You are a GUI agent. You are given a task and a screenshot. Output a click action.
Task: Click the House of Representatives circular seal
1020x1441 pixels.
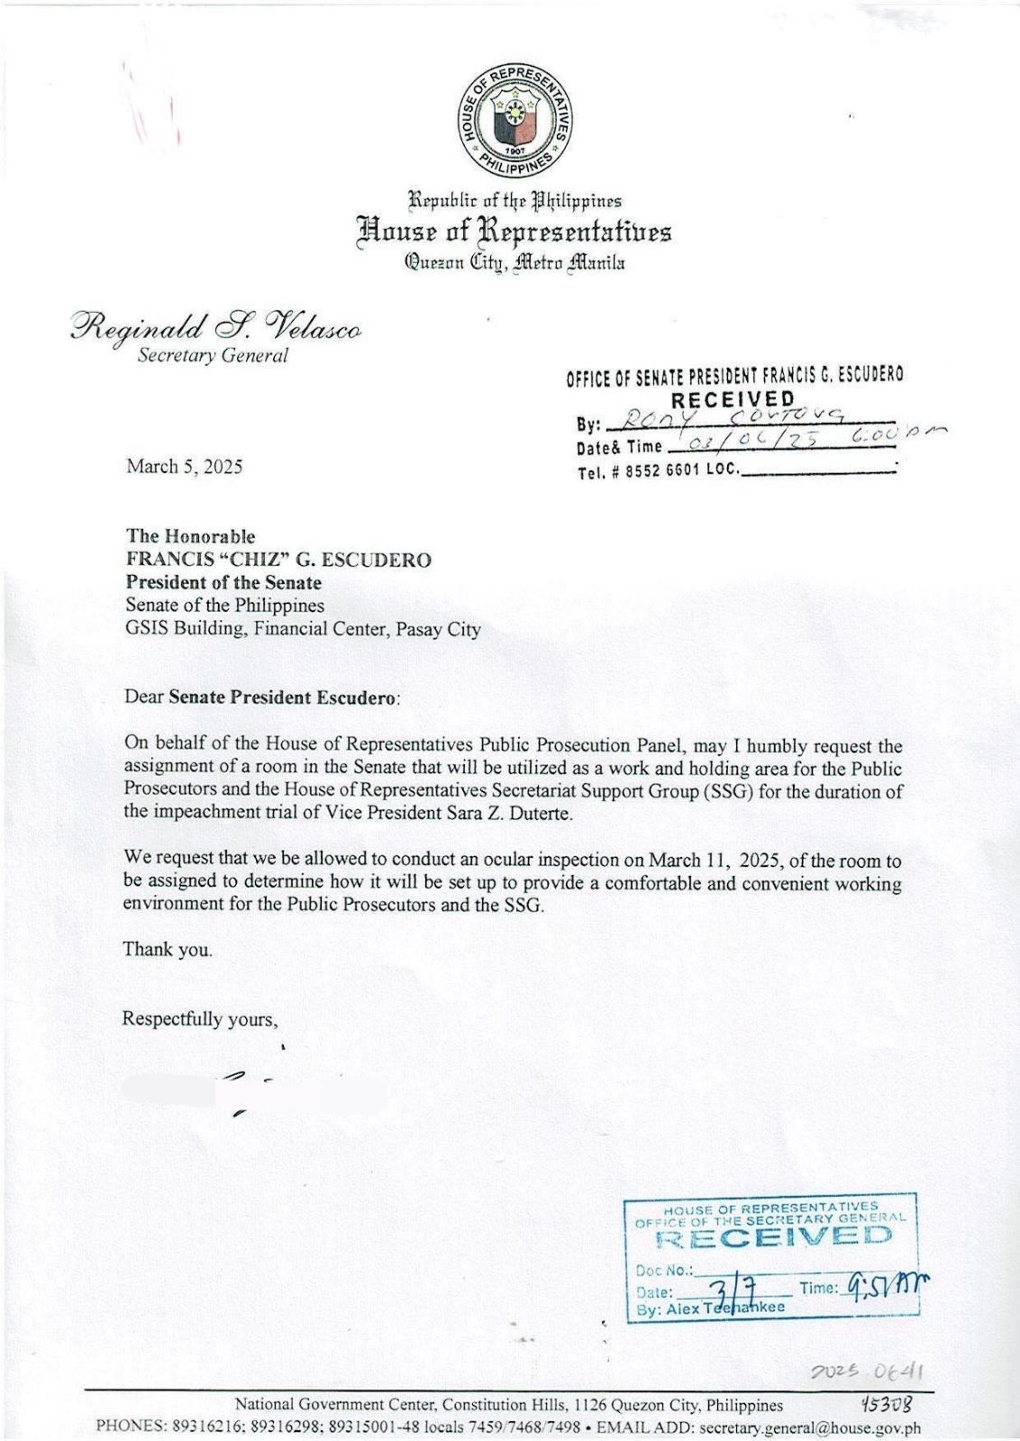[x=514, y=121]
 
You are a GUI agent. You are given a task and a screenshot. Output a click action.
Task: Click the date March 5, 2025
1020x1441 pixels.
[x=184, y=466]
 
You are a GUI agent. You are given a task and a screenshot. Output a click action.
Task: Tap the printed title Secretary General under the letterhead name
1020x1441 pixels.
[x=213, y=355]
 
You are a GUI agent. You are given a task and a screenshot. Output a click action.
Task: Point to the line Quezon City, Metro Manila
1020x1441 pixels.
[x=515, y=263]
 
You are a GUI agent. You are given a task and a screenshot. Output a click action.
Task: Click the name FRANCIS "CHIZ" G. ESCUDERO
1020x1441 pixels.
[x=278, y=560]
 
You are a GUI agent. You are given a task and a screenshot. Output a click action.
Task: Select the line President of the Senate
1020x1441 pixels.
[x=223, y=582]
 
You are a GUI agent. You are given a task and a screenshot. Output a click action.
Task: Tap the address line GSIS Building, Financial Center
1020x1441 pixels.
[x=303, y=629]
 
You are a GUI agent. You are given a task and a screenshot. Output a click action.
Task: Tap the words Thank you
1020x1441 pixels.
[x=168, y=949]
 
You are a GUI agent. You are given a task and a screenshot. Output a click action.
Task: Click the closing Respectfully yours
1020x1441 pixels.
[x=199, y=1019]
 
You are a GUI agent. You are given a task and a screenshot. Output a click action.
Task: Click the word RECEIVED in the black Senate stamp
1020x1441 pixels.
[x=733, y=399]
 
